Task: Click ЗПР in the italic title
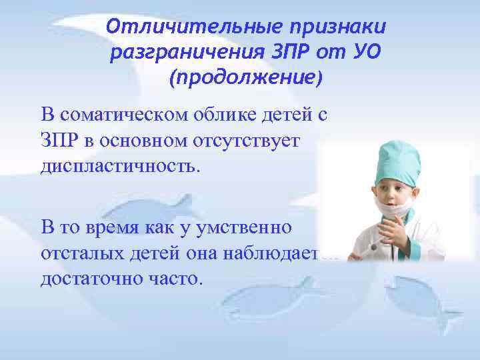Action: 291,53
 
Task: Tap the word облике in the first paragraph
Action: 226,115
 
